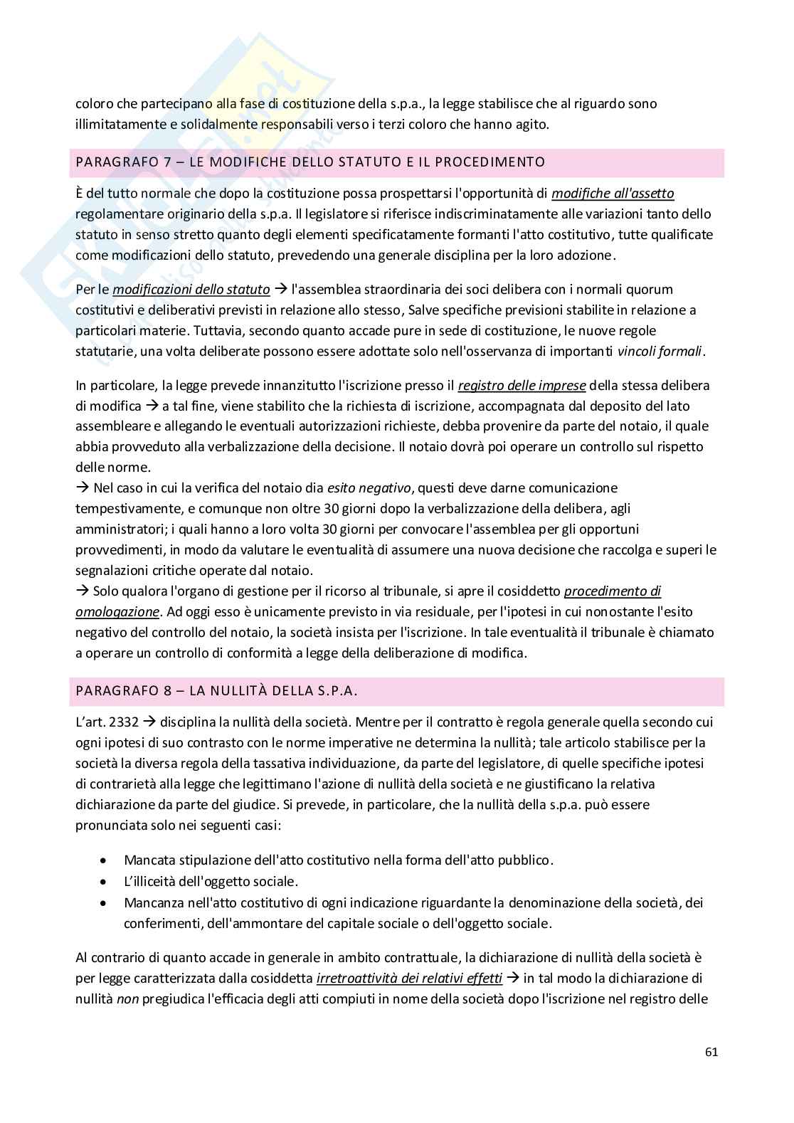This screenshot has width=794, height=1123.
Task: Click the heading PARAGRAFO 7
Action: [x=125, y=162]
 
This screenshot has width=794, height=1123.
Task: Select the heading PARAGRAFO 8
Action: [x=125, y=691]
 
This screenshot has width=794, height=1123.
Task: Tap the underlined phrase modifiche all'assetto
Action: [x=613, y=194]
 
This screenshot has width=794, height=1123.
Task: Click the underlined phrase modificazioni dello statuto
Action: [x=191, y=290]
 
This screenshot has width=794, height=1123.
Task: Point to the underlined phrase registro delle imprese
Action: [x=522, y=386]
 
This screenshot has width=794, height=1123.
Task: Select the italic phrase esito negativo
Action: [x=369, y=488]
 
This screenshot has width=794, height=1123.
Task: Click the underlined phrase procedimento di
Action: [x=612, y=591]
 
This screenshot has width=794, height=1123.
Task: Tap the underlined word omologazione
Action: [x=117, y=612]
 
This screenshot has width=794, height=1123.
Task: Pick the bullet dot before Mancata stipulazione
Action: [x=105, y=860]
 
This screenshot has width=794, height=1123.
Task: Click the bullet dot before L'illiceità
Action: [x=105, y=882]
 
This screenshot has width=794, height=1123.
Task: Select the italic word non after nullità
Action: [x=127, y=999]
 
